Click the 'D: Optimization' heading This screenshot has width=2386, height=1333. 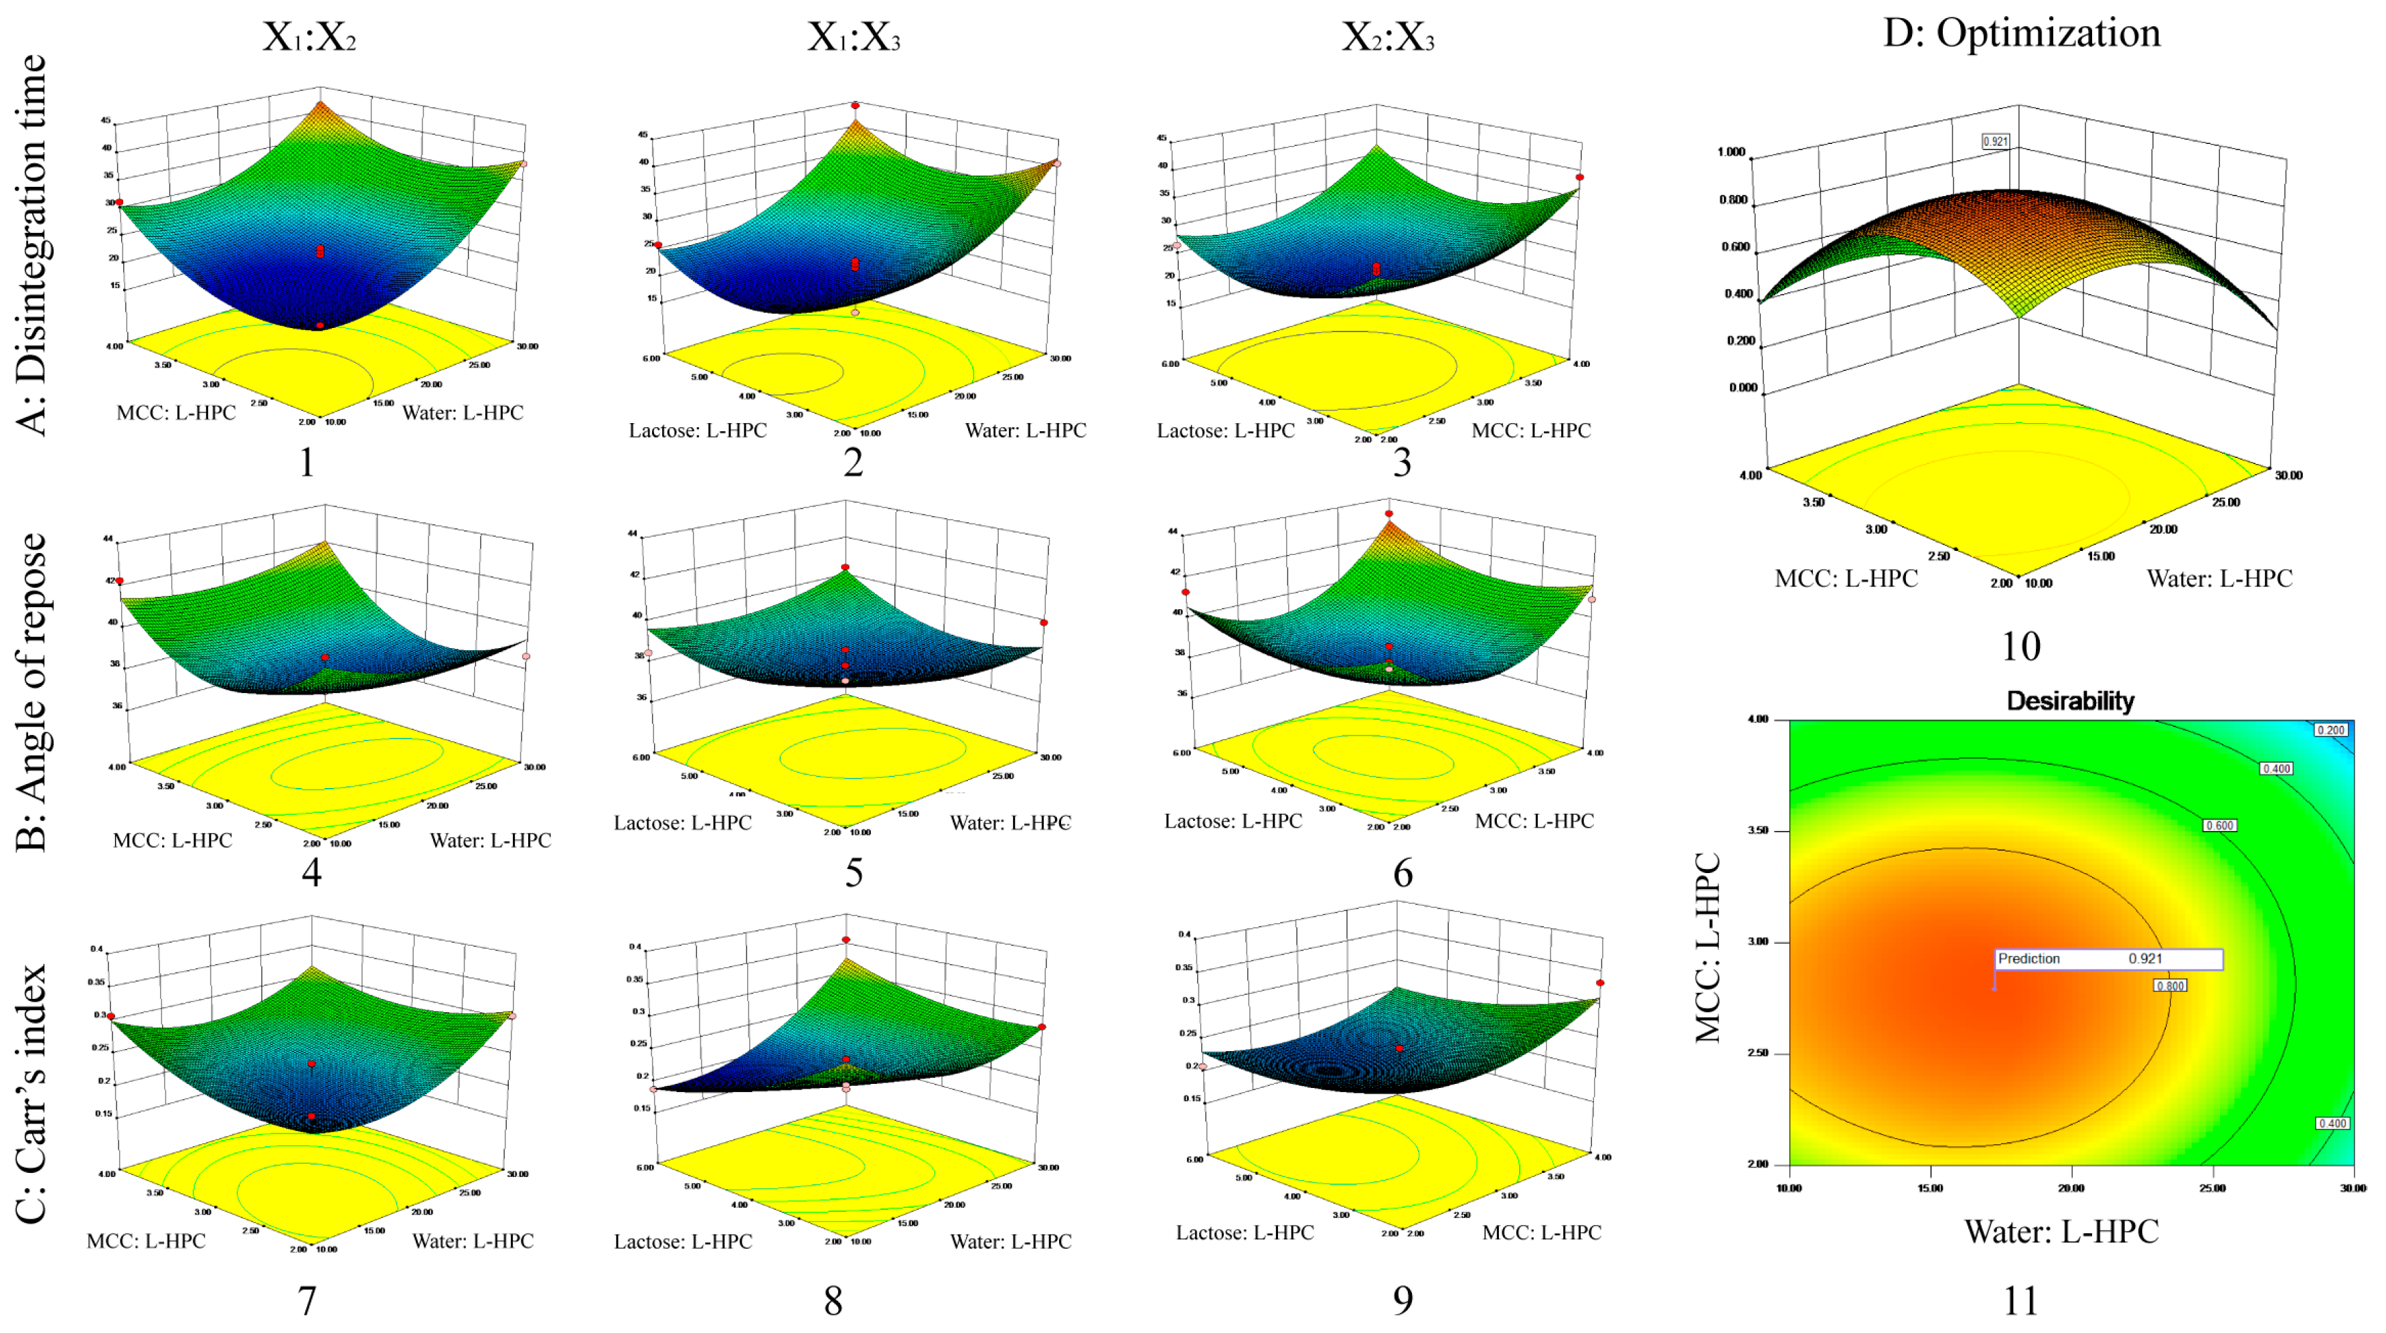tap(2021, 33)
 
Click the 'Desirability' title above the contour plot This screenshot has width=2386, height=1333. tap(2070, 701)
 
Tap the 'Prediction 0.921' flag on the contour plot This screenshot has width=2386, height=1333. tap(2108, 959)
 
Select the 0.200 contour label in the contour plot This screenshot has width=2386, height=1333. tap(2330, 730)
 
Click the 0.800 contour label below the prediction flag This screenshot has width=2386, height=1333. tap(2170, 986)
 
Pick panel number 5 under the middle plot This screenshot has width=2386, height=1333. tap(853, 872)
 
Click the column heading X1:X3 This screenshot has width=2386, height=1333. tap(853, 37)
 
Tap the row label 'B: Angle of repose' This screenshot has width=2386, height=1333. tap(32, 692)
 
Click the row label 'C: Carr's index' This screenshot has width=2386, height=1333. tap(32, 1093)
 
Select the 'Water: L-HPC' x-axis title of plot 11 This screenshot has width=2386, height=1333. tap(2061, 1231)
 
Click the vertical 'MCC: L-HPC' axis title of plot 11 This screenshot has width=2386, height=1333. tap(1707, 947)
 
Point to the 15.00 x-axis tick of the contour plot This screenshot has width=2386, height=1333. tap(1930, 1188)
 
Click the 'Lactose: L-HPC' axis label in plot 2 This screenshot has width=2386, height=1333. tap(698, 430)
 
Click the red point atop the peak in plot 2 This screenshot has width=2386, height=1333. tap(855, 106)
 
